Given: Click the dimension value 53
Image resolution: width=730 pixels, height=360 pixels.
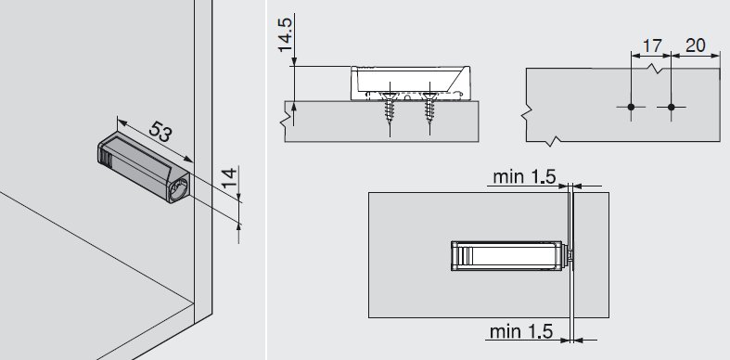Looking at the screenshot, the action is [160, 132].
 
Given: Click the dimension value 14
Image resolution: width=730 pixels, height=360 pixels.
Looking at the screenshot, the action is [229, 178].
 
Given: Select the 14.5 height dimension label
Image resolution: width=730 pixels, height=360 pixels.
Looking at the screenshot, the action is [285, 35].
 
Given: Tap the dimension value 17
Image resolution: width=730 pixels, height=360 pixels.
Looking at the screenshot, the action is [652, 45].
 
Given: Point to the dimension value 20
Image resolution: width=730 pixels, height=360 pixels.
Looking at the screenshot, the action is [696, 45].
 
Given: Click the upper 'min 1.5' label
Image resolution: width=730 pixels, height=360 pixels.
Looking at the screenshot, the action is [524, 176].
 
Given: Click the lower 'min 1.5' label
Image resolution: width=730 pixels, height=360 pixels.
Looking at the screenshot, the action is [521, 331].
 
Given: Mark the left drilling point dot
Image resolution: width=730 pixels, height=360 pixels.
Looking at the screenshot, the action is [631, 107].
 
